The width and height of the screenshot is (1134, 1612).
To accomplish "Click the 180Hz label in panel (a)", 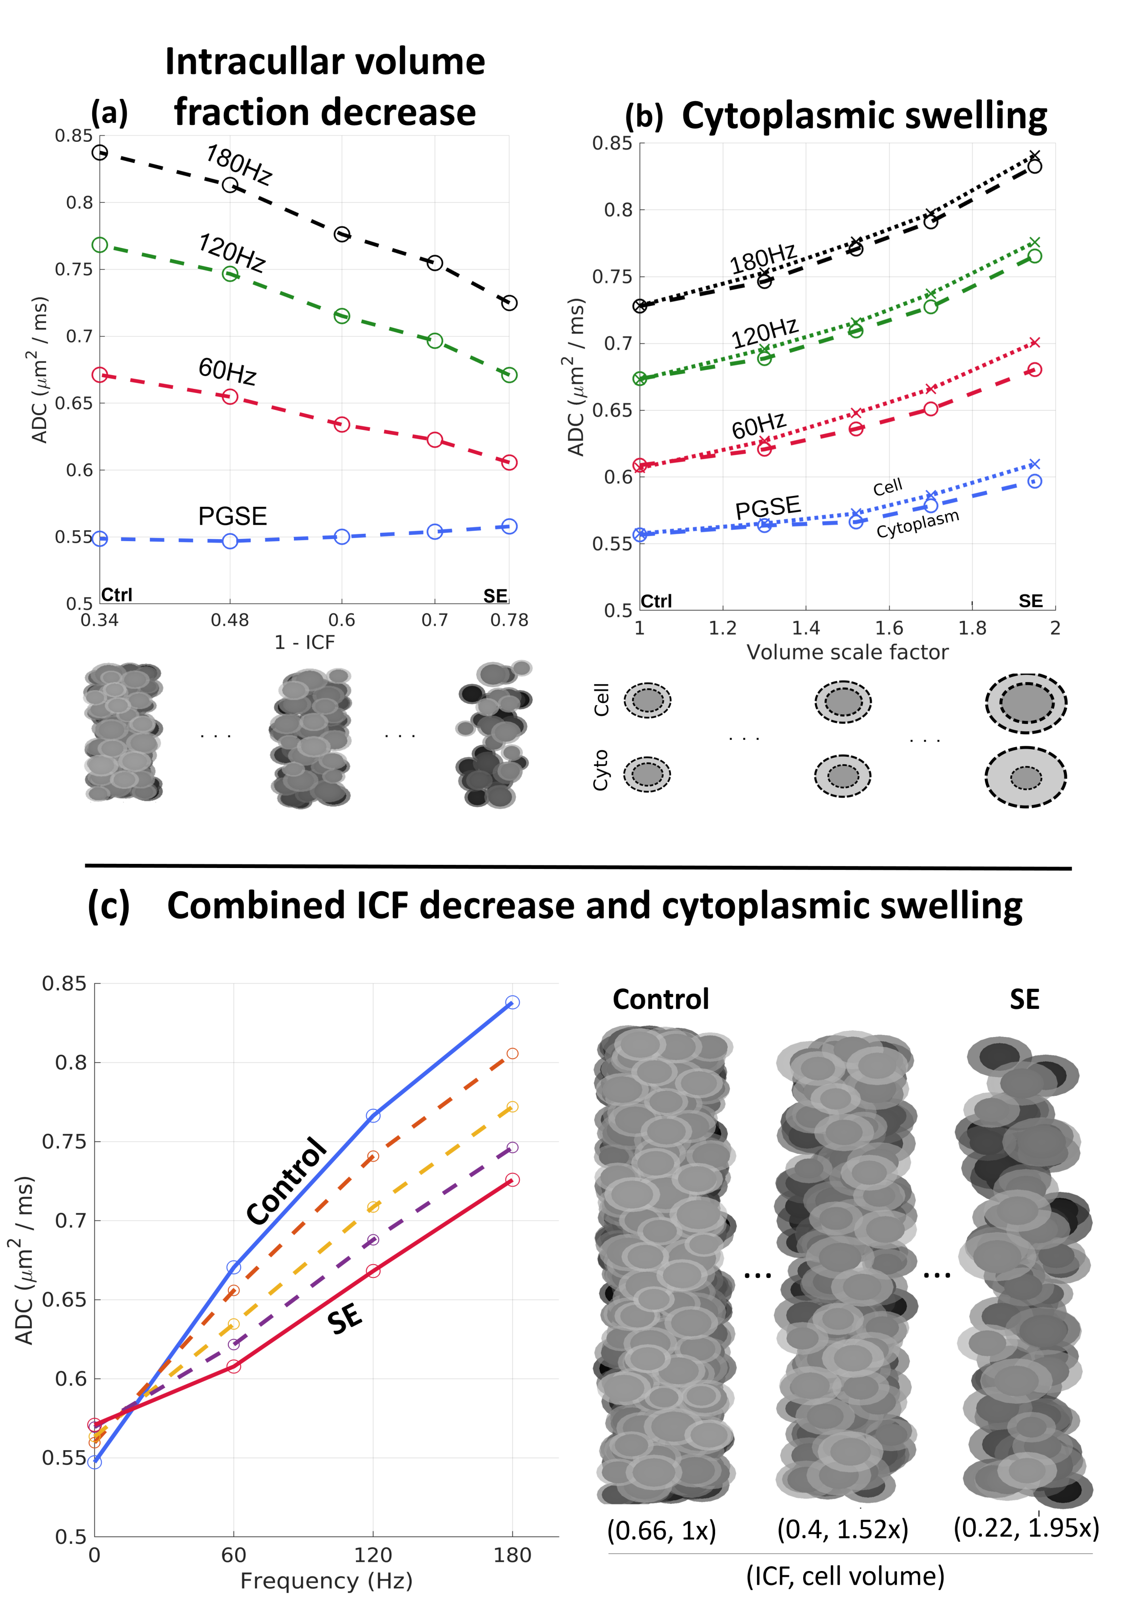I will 238,164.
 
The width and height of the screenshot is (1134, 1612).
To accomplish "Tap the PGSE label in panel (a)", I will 232,516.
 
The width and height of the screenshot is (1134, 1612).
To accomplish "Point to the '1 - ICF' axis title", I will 304,642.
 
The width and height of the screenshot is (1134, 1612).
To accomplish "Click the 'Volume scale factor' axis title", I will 847,652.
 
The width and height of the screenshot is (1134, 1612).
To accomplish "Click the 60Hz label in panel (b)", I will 758,425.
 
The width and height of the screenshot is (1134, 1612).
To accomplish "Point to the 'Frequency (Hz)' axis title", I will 326,1581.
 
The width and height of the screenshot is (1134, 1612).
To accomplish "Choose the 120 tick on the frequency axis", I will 373,1555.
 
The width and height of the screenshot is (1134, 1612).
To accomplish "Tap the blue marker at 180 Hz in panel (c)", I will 512,1002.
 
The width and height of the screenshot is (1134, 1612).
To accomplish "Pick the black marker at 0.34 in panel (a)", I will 100,152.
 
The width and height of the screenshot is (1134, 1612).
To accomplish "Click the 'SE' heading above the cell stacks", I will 1024,999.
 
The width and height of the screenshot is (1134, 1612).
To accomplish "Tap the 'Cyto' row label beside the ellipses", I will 601,770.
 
